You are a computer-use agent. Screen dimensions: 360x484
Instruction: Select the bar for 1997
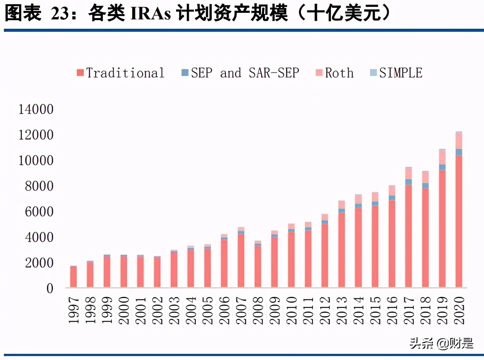pos(73,277)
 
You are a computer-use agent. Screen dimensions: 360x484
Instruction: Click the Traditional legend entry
pos(121,73)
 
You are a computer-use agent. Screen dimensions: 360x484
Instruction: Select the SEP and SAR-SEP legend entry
pos(240,73)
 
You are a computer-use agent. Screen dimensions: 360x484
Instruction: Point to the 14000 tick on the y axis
pos(36,110)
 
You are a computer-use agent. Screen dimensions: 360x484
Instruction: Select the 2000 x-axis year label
pos(124,310)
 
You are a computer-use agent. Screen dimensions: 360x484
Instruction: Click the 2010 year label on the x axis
pos(292,310)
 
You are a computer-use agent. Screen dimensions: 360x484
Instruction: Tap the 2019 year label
pos(443,310)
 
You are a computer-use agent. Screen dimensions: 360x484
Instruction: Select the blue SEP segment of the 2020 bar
pos(459,152)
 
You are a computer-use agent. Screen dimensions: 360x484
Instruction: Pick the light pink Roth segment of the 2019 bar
pos(442,157)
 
